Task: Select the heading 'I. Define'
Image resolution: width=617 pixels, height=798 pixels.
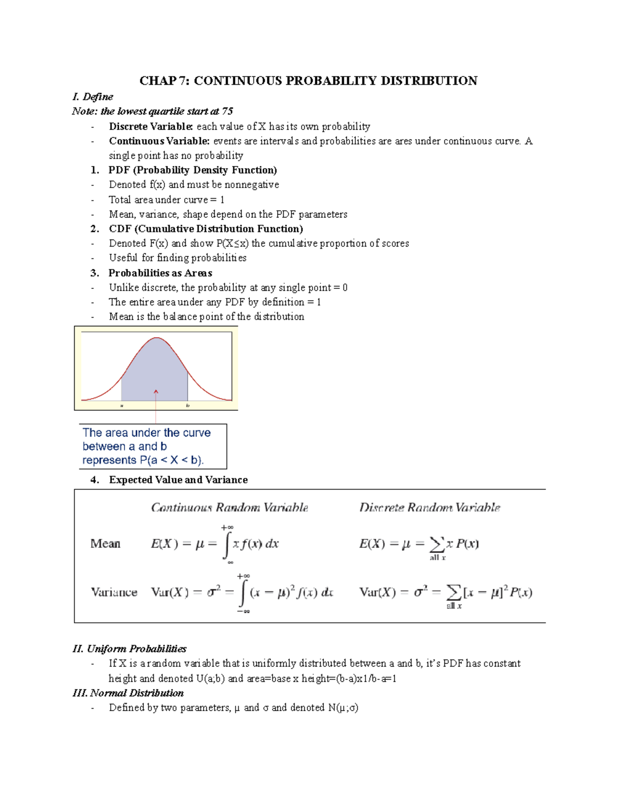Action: [x=93, y=97]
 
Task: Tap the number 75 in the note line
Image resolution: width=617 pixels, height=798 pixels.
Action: [x=227, y=112]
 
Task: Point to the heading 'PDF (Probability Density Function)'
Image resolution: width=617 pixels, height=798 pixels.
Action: [x=192, y=170]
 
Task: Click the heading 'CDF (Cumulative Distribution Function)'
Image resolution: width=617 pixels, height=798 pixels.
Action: [x=206, y=229]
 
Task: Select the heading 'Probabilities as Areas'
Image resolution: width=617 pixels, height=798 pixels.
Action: [x=160, y=273]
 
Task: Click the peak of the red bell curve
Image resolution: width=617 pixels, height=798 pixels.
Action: [x=156, y=338]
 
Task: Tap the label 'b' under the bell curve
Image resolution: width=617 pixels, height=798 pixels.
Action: [x=188, y=405]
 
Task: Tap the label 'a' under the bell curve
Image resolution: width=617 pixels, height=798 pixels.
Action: [x=122, y=405]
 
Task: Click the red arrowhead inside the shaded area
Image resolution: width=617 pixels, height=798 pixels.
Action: [x=156, y=392]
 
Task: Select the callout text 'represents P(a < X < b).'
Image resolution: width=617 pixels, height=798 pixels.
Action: [x=143, y=460]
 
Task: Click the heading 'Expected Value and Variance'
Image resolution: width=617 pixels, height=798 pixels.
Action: [x=178, y=480]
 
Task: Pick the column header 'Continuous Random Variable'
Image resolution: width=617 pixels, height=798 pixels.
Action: [x=229, y=508]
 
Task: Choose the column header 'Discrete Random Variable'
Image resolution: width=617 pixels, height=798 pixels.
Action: [x=429, y=508]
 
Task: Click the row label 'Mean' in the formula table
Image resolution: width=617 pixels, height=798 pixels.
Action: [x=105, y=544]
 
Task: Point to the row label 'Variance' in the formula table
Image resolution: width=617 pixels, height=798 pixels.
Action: [x=114, y=592]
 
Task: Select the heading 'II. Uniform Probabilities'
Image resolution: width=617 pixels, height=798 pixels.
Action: [x=130, y=649]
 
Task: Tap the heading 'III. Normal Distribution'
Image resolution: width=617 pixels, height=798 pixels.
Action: [x=128, y=693]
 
